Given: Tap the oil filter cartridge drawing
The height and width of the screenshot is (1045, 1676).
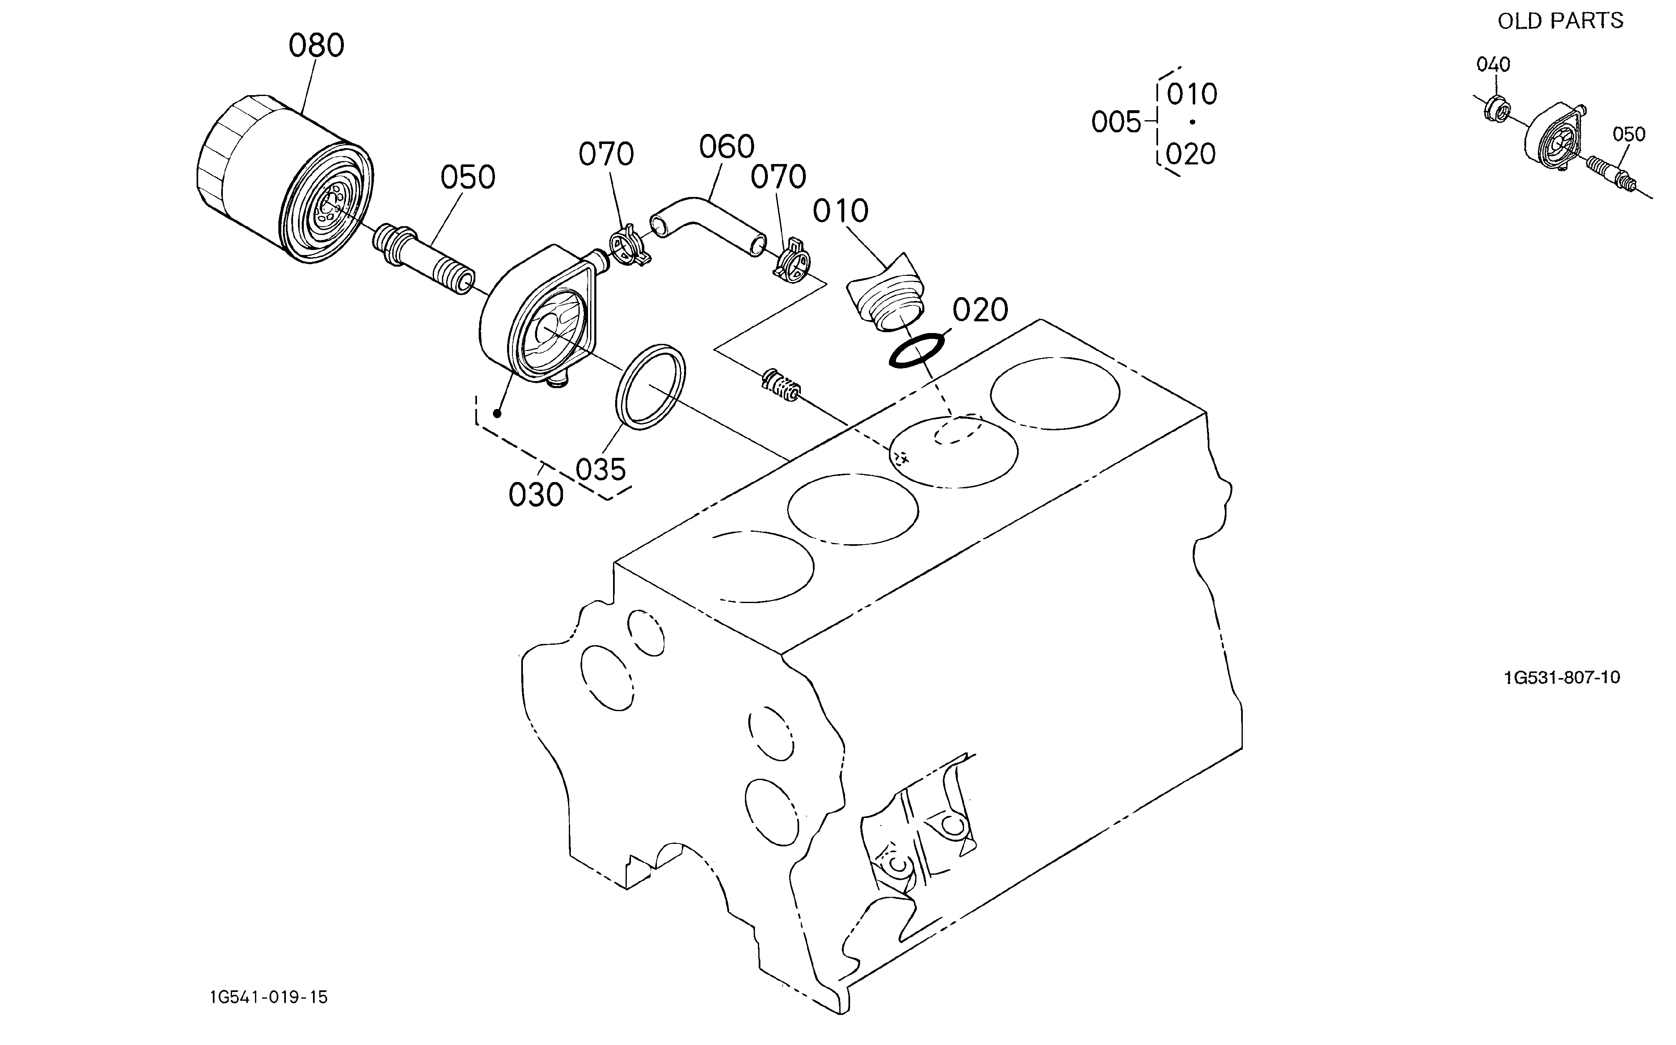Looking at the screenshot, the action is click(x=285, y=178).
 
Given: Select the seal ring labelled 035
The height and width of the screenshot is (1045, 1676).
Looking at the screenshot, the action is click(x=650, y=386).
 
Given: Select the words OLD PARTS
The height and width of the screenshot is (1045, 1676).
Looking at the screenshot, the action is click(x=1560, y=21).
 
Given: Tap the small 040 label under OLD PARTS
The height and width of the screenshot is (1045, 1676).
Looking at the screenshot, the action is click(x=1494, y=64).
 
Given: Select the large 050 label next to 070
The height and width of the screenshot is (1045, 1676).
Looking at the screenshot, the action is click(x=468, y=178).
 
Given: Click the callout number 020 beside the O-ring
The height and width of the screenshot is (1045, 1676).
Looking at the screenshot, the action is click(x=980, y=311).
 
